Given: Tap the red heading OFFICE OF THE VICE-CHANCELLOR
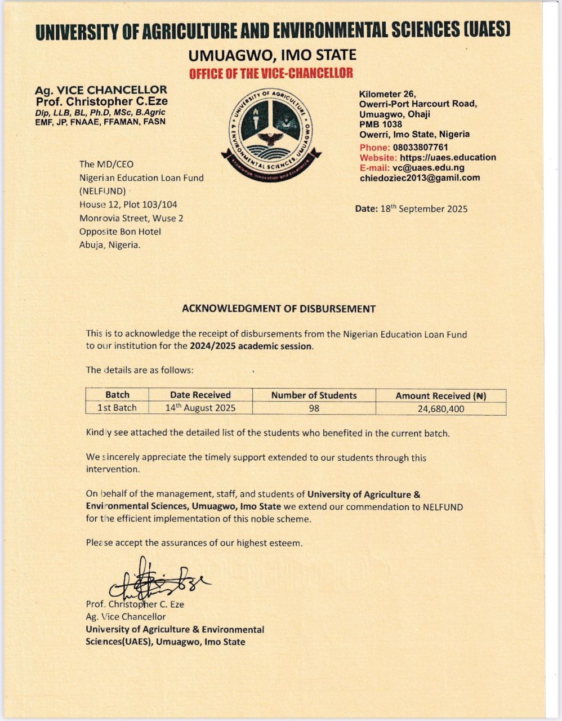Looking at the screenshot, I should coord(271,73).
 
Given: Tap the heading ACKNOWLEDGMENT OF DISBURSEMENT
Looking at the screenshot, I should coord(278,309).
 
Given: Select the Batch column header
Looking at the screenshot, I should coord(117,395).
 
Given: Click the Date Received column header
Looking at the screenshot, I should coord(200,395).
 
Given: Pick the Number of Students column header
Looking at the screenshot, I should coord(314,395).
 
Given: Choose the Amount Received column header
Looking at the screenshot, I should coord(440,396).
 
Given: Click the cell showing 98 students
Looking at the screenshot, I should coord(314,408).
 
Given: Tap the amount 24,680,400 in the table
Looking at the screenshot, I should coord(440,409).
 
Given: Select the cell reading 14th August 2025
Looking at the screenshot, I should coord(200,408).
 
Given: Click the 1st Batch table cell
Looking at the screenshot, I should coord(117,408).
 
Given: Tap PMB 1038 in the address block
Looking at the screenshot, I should coord(381,124).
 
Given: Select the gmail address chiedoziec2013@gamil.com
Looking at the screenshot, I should coord(420,178).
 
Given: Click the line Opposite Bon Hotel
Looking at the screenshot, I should coord(120,232).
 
